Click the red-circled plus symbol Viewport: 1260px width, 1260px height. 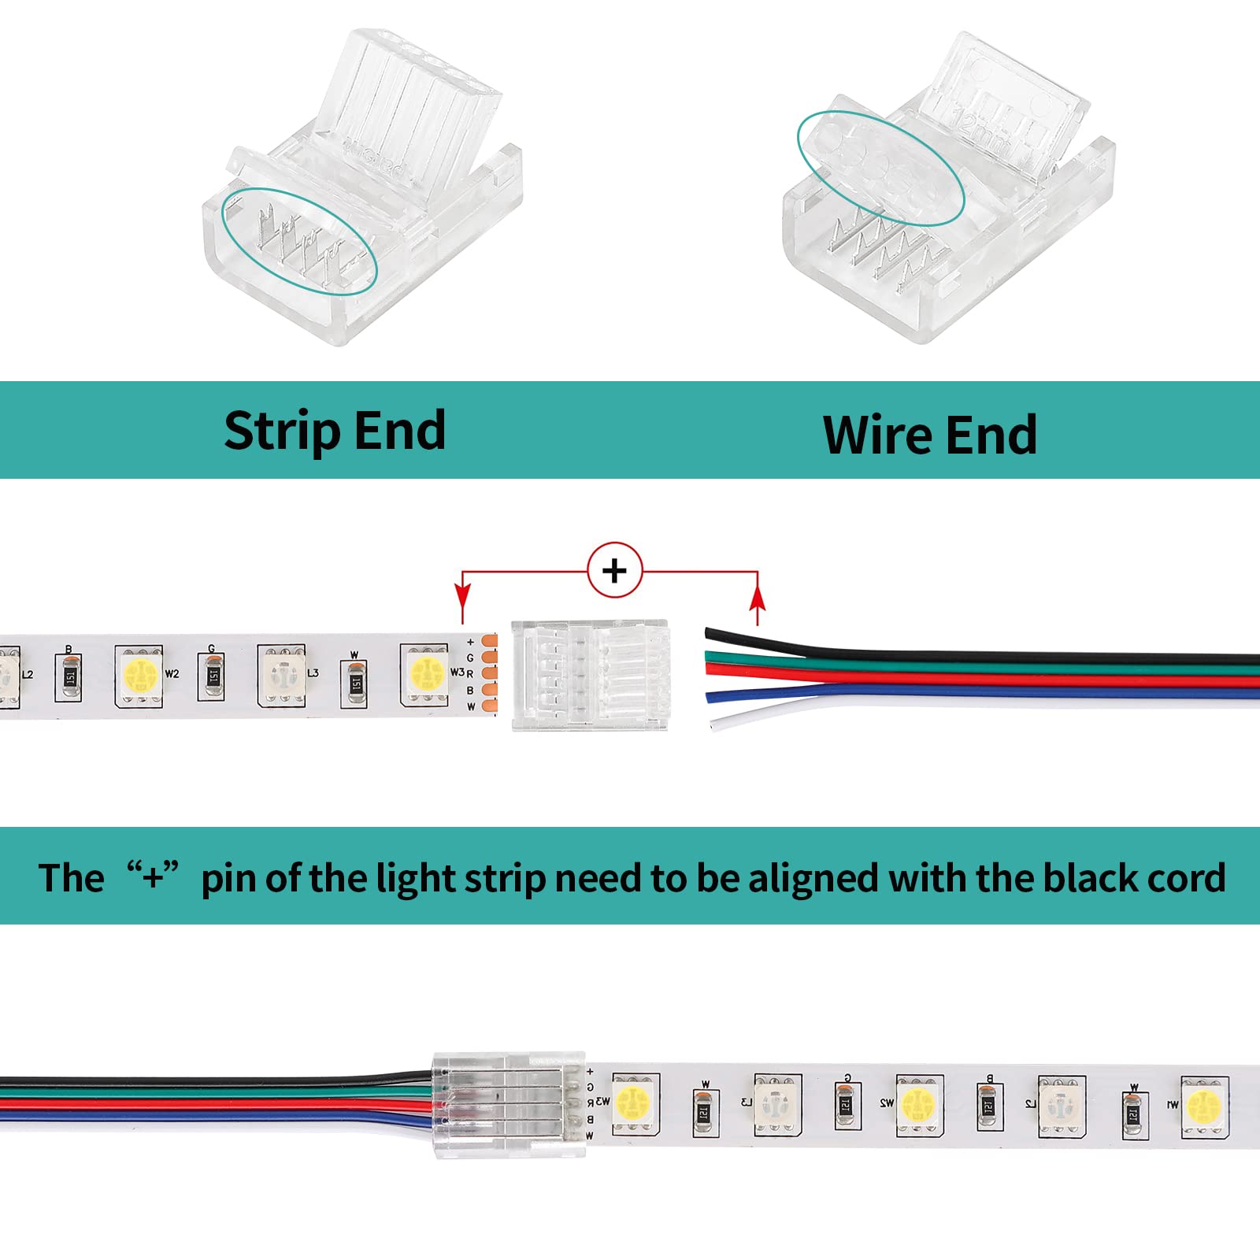[x=614, y=569]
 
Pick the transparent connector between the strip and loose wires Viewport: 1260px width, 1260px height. [x=590, y=675]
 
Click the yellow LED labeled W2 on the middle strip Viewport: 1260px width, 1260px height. [x=140, y=676]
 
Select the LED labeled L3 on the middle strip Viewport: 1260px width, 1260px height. [x=281, y=676]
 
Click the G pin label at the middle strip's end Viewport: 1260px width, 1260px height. [x=470, y=658]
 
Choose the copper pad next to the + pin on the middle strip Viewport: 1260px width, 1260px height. [x=489, y=641]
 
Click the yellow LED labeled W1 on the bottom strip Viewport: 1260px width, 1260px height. [x=1203, y=1104]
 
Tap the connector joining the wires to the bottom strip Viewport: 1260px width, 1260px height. [x=509, y=1104]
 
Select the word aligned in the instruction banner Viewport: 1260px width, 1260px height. [x=812, y=877]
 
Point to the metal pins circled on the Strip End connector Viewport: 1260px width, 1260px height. [x=299, y=241]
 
